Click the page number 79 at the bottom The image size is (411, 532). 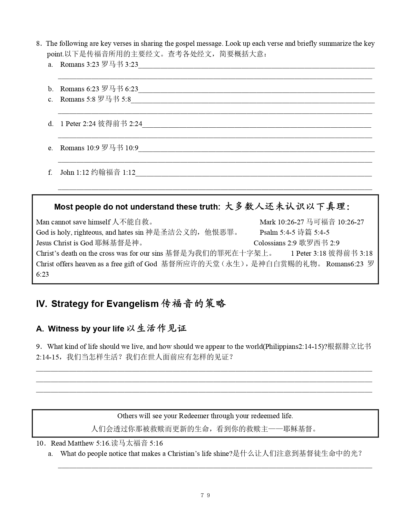205,495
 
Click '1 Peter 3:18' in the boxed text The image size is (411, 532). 308,253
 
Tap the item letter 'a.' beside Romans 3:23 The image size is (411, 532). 50,64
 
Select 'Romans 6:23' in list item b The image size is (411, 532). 80,89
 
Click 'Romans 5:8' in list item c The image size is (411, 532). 78,99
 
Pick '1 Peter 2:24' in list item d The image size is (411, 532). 78,124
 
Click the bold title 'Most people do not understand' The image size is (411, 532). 137,207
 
